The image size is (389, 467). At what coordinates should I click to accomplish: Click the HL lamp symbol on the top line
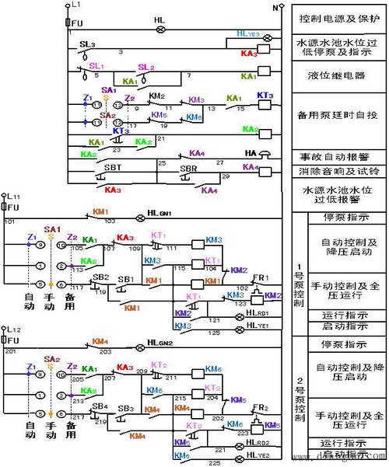162,30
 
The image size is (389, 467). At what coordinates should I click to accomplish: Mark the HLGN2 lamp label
162,343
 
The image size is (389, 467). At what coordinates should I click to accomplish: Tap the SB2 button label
100,277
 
